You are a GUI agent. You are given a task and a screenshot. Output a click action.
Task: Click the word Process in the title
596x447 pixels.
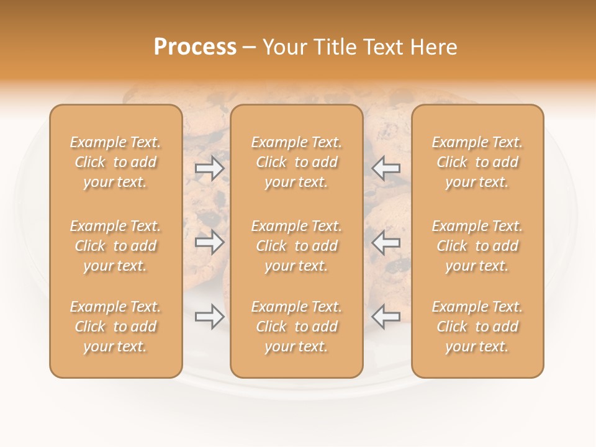(x=195, y=47)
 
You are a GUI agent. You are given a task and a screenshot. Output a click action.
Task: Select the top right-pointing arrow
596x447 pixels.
(x=210, y=168)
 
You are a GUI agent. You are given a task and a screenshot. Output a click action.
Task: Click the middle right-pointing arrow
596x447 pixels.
(x=210, y=242)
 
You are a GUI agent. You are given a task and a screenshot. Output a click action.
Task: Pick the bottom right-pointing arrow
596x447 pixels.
(x=210, y=317)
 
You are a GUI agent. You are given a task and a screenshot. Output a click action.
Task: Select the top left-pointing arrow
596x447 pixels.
(x=386, y=168)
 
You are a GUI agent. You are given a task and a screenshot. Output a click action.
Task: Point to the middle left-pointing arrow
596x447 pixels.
(x=386, y=242)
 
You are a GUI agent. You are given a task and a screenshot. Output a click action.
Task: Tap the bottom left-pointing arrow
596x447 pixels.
(x=386, y=317)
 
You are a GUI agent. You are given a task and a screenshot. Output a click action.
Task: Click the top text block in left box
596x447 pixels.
(x=115, y=162)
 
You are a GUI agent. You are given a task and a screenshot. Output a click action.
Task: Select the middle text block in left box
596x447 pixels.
(x=115, y=246)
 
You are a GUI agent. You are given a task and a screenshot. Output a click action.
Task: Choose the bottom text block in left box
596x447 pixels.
(x=115, y=327)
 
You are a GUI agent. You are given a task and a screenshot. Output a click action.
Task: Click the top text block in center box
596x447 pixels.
(x=297, y=162)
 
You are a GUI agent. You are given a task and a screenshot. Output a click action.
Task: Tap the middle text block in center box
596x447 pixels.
(x=297, y=246)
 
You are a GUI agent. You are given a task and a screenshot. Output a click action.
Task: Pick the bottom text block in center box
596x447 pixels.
(x=297, y=327)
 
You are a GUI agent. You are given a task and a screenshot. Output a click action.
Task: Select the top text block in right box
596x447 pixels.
(x=477, y=162)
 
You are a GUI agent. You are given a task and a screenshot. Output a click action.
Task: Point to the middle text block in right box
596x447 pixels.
(x=477, y=246)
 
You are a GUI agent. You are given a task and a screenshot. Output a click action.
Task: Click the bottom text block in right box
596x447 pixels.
(x=477, y=327)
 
